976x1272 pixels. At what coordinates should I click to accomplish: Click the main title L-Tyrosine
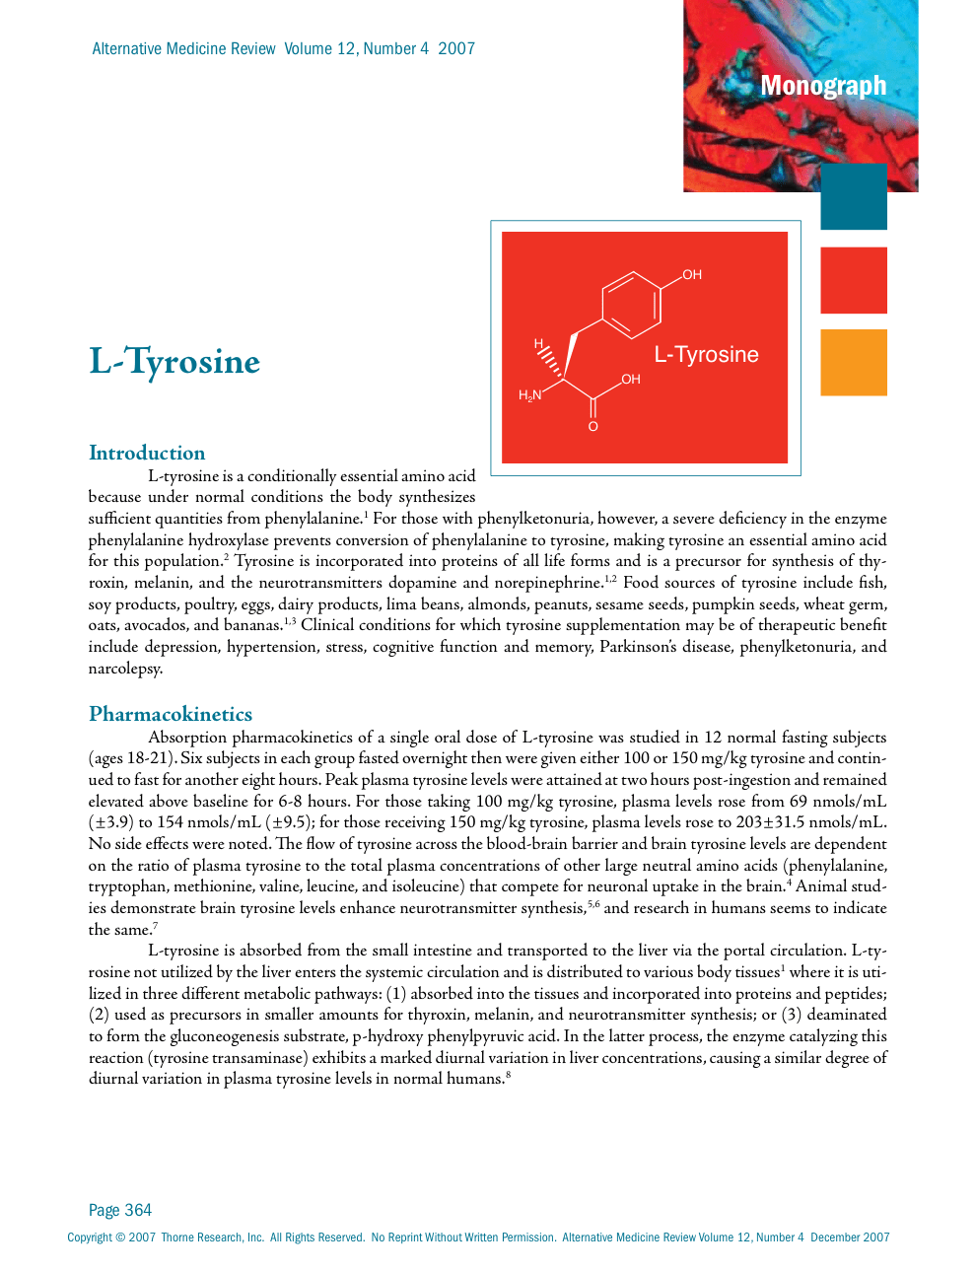click(174, 362)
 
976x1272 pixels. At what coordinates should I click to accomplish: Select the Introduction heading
click(147, 453)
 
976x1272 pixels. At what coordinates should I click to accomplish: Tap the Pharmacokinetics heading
click(171, 714)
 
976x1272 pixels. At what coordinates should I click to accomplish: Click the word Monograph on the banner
click(823, 86)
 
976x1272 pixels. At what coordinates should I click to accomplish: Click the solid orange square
click(853, 363)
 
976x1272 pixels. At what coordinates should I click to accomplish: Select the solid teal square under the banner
click(853, 197)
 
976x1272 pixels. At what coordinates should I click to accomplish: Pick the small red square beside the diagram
click(853, 280)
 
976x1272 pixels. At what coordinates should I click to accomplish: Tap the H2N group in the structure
click(530, 395)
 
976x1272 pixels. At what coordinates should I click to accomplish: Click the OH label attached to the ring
click(692, 275)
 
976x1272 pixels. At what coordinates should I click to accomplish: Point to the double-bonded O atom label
click(593, 427)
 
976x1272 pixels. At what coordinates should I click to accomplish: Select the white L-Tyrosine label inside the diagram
click(706, 355)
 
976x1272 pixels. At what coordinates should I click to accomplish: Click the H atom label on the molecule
click(538, 344)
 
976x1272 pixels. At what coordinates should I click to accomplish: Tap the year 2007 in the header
click(456, 49)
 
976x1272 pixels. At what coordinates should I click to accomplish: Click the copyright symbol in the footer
click(120, 1237)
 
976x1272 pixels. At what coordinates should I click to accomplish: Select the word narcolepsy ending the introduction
click(124, 669)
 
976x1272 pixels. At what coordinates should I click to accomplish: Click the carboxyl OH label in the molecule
click(631, 380)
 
